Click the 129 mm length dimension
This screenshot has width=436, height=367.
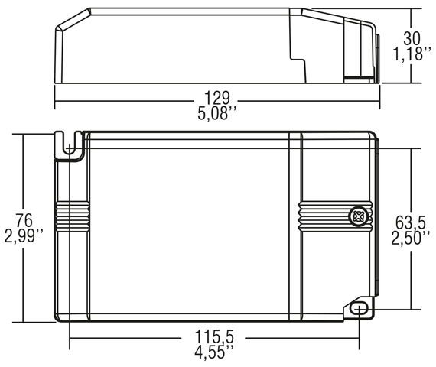tap(217, 98)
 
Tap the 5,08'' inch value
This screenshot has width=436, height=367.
tap(217, 113)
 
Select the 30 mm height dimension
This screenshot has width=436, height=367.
tap(412, 38)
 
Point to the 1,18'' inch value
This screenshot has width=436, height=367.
tap(412, 54)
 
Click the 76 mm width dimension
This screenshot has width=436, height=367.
tap(24, 220)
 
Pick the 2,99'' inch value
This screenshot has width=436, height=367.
tap(24, 236)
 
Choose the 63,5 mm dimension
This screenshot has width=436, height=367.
tap(411, 222)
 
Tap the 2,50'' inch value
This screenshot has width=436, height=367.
tap(411, 239)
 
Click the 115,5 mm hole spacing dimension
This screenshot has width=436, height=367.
tap(214, 337)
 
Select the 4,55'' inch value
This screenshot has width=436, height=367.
tap(214, 352)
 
